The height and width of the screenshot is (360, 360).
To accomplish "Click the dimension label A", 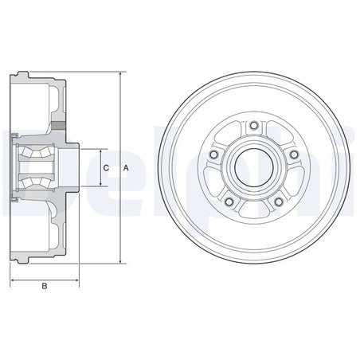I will [x=126, y=168].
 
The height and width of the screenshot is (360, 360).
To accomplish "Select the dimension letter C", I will [x=106, y=168].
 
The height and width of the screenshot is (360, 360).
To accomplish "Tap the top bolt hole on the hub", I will [x=252, y=125].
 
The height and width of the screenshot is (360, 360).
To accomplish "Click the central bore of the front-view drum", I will [x=252, y=167].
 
